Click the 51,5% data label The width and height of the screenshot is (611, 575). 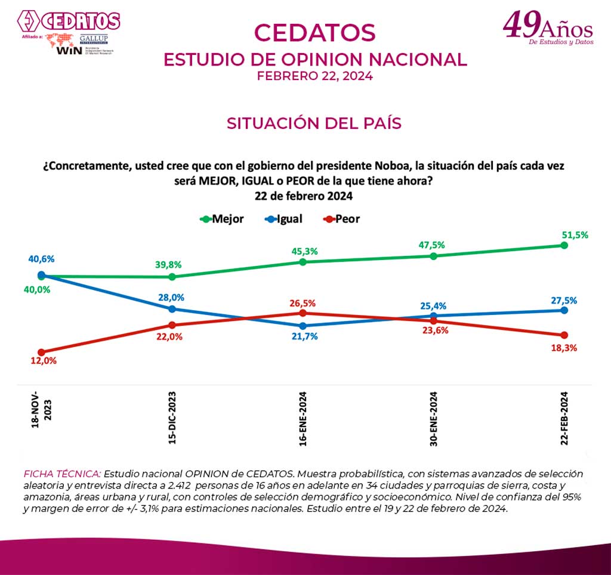pyautogui.click(x=575, y=235)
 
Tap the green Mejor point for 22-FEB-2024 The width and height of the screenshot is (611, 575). pyautogui.click(x=564, y=245)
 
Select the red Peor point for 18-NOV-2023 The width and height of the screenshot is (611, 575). pyautogui.click(x=41, y=353)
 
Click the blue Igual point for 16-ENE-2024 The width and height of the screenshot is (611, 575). pyautogui.click(x=303, y=326)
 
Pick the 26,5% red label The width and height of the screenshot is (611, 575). pyautogui.click(x=303, y=303)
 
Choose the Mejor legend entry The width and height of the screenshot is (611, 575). pyautogui.click(x=222, y=219)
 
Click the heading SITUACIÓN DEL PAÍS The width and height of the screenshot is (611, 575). pyautogui.click(x=314, y=123)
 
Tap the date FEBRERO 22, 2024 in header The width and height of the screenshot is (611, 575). pyautogui.click(x=314, y=76)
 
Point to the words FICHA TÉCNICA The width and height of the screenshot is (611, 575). pyautogui.click(x=62, y=473)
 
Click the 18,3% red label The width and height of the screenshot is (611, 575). pyautogui.click(x=564, y=348)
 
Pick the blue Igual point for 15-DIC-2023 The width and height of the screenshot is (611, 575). pyautogui.click(x=172, y=309)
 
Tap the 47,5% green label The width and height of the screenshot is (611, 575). pyautogui.click(x=434, y=245)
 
